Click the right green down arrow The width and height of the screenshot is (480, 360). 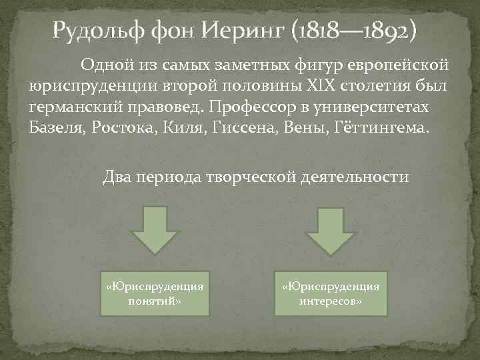click(329, 229)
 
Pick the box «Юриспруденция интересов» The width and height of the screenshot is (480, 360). click(331, 293)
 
